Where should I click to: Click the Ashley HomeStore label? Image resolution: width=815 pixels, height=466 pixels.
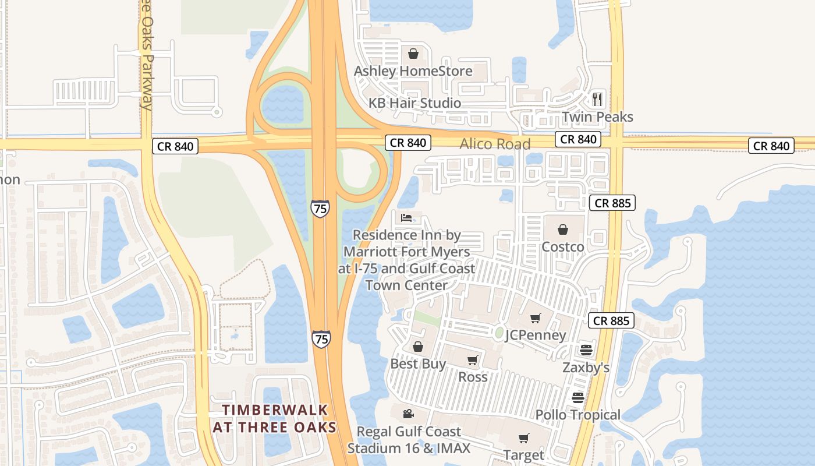(x=413, y=71)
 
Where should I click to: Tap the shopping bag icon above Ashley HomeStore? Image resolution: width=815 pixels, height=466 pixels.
(x=413, y=54)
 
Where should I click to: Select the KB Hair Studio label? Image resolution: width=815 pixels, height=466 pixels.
(x=414, y=103)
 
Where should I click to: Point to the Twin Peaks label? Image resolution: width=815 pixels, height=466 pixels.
(x=597, y=116)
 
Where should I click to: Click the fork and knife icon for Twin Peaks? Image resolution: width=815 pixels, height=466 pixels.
(x=597, y=99)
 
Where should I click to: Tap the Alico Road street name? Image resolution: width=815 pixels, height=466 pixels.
(x=495, y=144)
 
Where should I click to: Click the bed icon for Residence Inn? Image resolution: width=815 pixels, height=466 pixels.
(x=406, y=218)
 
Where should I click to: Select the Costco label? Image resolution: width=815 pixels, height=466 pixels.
(x=563, y=247)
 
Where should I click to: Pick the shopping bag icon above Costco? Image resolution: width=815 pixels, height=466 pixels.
(x=563, y=230)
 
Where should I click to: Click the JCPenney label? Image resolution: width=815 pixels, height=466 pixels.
(x=536, y=335)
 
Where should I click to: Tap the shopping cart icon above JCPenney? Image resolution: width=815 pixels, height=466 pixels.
(x=536, y=318)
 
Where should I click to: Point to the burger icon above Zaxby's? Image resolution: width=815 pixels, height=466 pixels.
(x=586, y=350)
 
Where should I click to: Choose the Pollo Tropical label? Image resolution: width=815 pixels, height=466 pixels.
(x=577, y=415)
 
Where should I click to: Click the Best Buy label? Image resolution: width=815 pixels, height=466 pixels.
(x=418, y=364)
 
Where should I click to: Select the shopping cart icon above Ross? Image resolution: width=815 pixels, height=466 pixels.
(x=473, y=360)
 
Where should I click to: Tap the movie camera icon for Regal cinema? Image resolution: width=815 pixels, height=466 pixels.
(x=409, y=414)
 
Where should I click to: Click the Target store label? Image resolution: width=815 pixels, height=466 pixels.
(x=524, y=455)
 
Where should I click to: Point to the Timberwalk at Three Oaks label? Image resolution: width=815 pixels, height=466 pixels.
(x=275, y=419)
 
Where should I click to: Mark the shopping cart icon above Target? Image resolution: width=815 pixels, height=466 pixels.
(x=524, y=438)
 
